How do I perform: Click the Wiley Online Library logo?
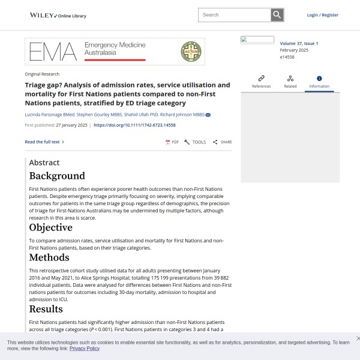coord(58,15)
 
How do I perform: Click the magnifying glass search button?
coord(277,15)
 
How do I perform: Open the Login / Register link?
coord(322,15)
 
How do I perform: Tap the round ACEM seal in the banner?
coord(191,52)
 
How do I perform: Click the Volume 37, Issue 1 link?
coord(299,44)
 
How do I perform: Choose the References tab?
coord(261,82)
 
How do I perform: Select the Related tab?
coord(290,82)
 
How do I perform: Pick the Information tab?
coord(319,82)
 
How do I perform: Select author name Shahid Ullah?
coord(137,115)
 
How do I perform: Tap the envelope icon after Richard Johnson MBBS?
coord(208,115)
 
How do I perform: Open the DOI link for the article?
coord(134,125)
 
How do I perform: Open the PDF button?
coord(172,142)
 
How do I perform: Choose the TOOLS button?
coord(195,142)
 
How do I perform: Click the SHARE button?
coord(222,142)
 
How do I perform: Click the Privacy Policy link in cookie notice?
coord(85,349)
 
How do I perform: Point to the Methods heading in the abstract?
coord(49,258)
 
